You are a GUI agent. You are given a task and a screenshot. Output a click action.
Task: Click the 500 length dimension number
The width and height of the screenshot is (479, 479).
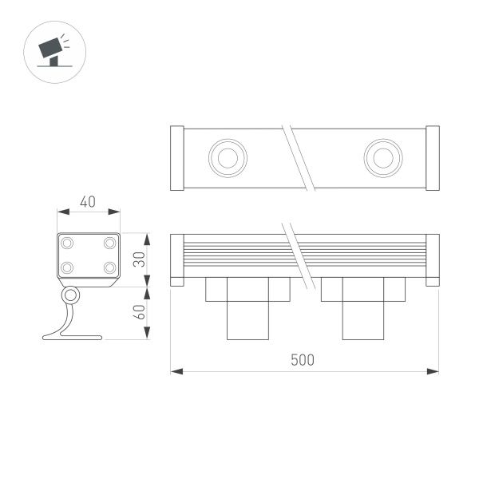click(302, 360)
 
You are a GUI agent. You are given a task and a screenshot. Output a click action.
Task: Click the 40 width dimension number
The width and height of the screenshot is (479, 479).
click(88, 201)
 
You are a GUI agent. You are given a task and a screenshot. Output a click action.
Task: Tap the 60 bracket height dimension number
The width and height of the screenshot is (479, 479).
click(139, 312)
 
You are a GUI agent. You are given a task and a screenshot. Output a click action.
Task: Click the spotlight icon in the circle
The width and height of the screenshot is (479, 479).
click(53, 51)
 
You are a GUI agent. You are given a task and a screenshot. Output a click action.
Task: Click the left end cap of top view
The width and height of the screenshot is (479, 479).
click(178, 158)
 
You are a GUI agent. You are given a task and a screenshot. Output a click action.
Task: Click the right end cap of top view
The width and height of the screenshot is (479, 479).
click(432, 158)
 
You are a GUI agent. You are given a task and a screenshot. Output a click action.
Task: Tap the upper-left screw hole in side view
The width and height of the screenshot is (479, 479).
click(68, 241)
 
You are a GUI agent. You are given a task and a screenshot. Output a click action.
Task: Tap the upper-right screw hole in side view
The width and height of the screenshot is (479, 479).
click(109, 241)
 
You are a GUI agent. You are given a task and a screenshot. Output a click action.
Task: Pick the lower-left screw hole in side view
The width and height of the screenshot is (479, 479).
click(68, 267)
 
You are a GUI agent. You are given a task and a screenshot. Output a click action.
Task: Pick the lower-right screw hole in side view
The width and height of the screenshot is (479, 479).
click(109, 267)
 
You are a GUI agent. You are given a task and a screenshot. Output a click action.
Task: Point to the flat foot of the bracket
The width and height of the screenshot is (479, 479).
click(80, 337)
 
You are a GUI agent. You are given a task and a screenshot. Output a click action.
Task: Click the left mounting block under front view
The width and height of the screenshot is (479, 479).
click(247, 307)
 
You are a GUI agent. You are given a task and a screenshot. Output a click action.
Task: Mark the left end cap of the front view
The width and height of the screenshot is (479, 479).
click(177, 259)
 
